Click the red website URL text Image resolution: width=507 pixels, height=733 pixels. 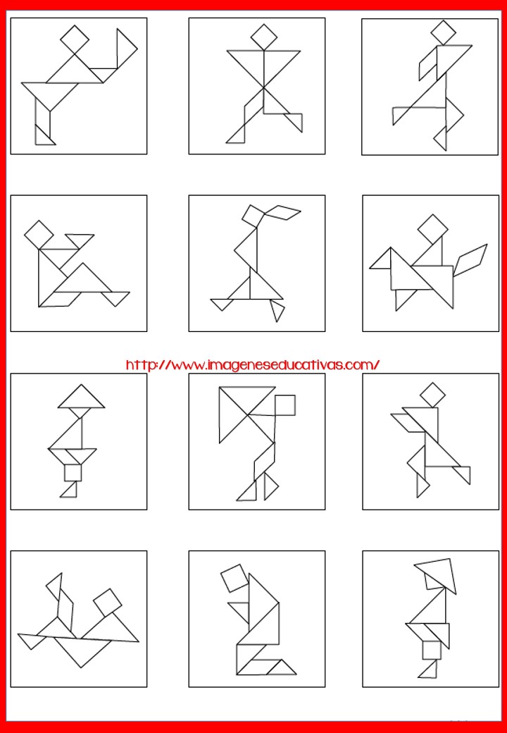pyautogui.click(x=253, y=364)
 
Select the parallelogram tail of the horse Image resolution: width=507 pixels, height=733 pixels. pyautogui.click(x=470, y=259)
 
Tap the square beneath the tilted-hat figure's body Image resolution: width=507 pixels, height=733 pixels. pyautogui.click(x=432, y=651)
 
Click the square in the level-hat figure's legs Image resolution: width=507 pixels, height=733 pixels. pyautogui.click(x=73, y=473)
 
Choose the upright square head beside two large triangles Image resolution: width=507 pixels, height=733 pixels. pyautogui.click(x=284, y=405)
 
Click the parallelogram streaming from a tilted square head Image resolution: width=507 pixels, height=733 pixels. pyautogui.click(x=282, y=212)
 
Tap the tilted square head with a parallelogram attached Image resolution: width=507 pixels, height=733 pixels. pyautogui.click(x=254, y=216)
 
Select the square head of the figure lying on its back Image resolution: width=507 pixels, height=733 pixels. pyautogui.click(x=107, y=603)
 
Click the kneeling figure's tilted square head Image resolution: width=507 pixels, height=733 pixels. pyautogui.click(x=234, y=578)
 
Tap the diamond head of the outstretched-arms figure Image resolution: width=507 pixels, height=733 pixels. pyautogui.click(x=264, y=37)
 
